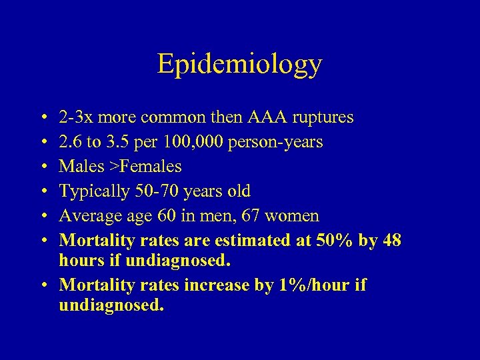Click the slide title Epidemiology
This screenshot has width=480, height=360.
coord(239,64)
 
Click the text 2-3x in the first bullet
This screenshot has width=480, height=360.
coord(75,118)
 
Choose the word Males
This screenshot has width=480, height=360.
coord(77,167)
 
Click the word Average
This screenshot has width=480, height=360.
coord(85,216)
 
